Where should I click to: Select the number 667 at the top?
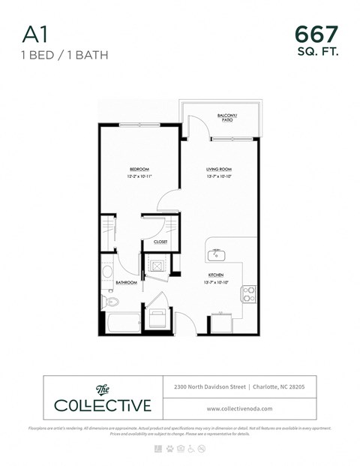[316, 34]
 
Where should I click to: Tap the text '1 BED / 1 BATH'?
[54, 54]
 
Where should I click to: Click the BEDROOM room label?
[139, 170]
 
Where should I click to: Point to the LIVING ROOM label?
[218, 170]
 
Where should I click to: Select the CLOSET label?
[160, 242]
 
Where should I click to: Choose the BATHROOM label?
[126, 283]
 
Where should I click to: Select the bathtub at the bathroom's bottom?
[120, 324]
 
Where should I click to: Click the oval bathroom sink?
[107, 272]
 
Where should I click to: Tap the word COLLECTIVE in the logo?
[103, 406]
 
